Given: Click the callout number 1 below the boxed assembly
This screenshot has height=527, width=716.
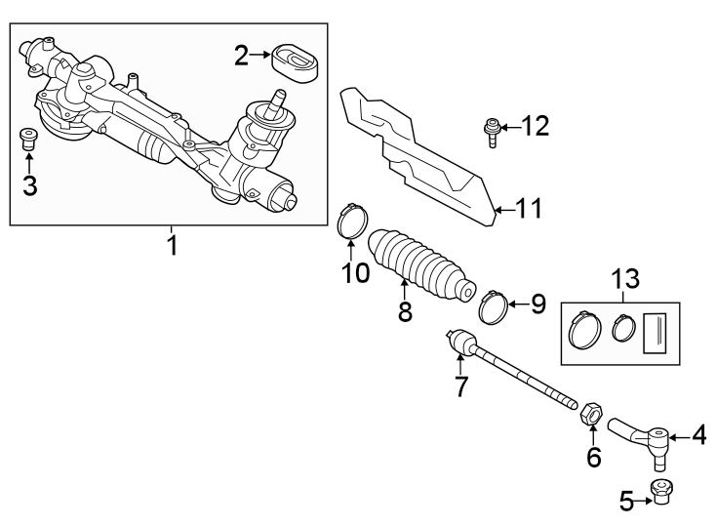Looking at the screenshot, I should coord(172,245).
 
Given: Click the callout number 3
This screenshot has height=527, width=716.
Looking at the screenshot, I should coord(29,184).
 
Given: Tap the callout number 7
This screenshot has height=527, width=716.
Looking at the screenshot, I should coord(460,385).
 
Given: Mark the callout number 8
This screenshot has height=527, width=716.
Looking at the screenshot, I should coord(404,311).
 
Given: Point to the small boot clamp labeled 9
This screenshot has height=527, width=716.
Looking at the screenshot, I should coord(496,305).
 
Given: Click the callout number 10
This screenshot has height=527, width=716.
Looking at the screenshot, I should coord(355,272).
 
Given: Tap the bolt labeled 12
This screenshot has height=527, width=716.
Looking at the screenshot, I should coord(492,130).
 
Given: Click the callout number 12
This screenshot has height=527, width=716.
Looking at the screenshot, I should coord(535,126).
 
